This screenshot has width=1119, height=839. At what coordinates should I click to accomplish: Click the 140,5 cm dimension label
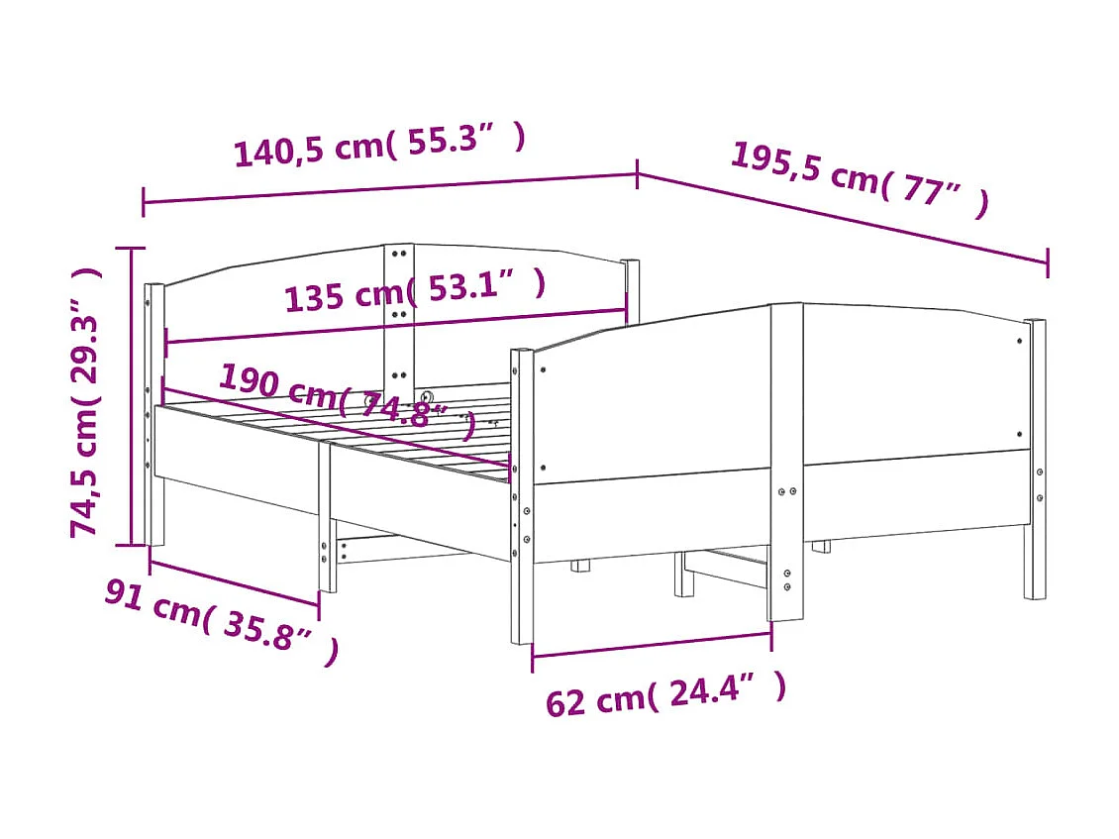click(379, 146)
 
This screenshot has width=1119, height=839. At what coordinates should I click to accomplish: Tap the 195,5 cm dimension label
click(859, 179)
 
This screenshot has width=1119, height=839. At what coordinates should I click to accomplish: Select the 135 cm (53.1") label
click(414, 290)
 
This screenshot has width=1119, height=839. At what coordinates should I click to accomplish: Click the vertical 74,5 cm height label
click(86, 401)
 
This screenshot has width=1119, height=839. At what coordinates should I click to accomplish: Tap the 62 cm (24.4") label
click(665, 692)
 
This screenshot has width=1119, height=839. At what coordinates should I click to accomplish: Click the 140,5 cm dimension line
click(390, 188)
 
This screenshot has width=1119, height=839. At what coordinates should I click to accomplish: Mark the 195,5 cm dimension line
click(842, 219)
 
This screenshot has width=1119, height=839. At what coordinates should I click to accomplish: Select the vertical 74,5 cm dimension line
click(131, 396)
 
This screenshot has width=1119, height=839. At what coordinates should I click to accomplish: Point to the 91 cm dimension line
click(234, 582)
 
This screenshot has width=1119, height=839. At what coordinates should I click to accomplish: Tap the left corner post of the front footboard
click(522, 495)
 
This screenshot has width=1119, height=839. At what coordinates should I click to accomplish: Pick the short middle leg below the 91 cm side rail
click(327, 520)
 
